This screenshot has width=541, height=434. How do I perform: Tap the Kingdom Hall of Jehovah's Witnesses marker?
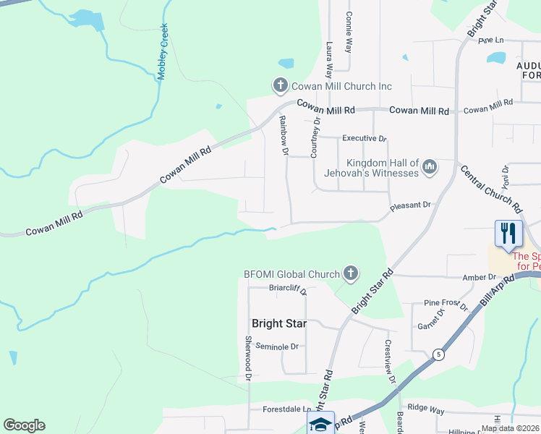pos(430,168)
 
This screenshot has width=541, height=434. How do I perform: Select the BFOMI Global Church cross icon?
pos(350,273)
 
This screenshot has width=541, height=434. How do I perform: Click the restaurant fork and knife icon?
pos(508,233)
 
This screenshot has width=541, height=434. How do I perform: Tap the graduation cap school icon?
pos(320,425)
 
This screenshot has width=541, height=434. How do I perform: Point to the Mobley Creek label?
pos(163,51)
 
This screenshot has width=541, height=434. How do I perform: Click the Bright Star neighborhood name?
pos(278,323)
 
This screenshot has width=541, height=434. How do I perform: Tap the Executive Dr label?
pos(365,138)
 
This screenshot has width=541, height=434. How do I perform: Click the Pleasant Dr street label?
pos(410,205)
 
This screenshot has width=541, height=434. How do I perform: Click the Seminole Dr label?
pos(275,346)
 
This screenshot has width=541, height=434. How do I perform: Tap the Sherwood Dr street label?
pos(247,358)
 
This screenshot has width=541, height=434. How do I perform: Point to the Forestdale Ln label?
pos(281,409)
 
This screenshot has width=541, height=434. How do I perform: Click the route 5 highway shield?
pos(438,354)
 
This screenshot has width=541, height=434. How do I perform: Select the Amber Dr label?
pos(481,277)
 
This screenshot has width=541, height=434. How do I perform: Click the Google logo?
pos(24,425)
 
